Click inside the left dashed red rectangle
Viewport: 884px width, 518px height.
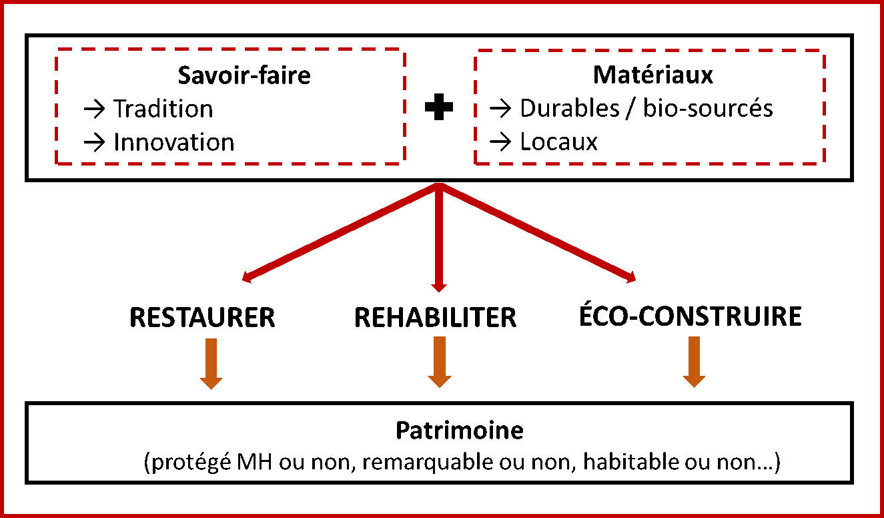230,106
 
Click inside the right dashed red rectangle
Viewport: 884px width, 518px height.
650,107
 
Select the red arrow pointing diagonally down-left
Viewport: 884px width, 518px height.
340,232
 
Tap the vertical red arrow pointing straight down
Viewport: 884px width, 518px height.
439,234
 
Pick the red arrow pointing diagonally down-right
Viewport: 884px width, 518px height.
537,232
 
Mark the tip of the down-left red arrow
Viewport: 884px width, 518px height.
244,280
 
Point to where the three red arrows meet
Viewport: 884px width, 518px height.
439,186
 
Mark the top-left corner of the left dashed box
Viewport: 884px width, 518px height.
57,49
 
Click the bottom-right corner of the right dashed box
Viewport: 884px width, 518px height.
824,163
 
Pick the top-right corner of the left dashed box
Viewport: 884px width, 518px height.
404,49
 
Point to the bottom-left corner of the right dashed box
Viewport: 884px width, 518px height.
476,163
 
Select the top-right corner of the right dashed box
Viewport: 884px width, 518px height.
824,51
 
